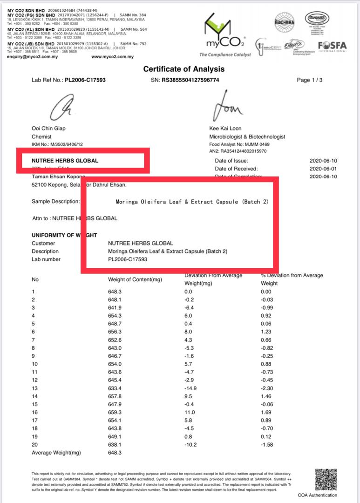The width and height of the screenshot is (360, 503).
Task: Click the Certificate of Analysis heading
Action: [x=183, y=69]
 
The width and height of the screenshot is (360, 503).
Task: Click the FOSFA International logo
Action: [x=332, y=47]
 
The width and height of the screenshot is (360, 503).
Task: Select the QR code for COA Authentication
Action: [x=326, y=479]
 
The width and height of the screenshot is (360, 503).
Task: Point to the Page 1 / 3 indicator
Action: [x=309, y=80]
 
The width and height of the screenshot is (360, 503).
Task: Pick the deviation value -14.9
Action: [x=191, y=388]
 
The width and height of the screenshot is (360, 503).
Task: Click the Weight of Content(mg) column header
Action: [x=135, y=279]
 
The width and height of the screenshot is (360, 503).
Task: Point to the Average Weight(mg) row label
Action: [x=56, y=453]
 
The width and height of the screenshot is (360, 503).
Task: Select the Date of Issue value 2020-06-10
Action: [x=322, y=161]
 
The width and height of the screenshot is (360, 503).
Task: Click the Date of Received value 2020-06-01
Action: [x=322, y=169]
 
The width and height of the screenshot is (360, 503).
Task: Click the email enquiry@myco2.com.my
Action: [x=33, y=57]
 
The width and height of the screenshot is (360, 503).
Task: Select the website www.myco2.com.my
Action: [x=112, y=57]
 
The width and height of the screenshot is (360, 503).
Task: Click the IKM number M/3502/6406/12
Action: [x=70, y=145]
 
